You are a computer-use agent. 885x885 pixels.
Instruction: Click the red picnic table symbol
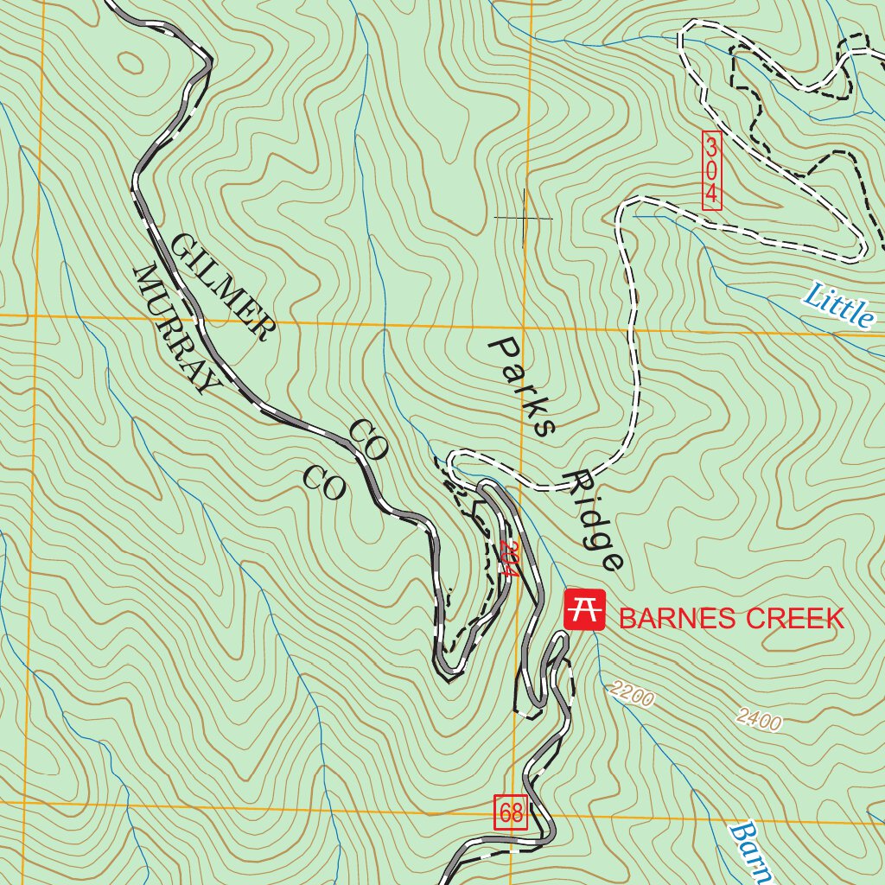[x=583, y=610]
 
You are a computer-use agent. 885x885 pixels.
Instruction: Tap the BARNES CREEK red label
[x=731, y=618]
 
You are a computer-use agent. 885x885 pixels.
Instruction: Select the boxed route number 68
[x=511, y=812]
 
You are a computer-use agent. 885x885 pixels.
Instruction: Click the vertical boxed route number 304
[x=711, y=170]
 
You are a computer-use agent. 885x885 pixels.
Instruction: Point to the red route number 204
[x=508, y=558]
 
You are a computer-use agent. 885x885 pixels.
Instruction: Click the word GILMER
[x=220, y=286]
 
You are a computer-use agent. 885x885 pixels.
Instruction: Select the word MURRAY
[x=173, y=329]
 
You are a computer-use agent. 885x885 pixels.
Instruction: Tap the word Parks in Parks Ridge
[x=521, y=386]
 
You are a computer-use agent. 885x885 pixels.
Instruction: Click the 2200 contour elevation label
[x=632, y=693]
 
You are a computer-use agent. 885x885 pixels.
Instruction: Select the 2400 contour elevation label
[x=759, y=718]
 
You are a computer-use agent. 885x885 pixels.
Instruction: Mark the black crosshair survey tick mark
[x=523, y=218]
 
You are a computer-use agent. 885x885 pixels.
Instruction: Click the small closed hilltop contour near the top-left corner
[x=131, y=62]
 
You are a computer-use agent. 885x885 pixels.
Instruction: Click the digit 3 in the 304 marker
[x=711, y=144]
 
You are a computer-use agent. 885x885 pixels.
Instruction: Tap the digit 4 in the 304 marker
[x=711, y=196]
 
